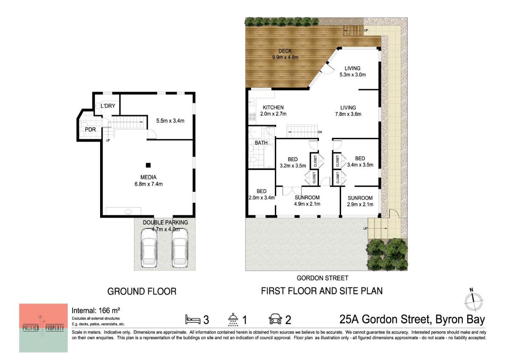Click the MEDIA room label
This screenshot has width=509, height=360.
point(148,177)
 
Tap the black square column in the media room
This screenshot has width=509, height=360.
point(148,165)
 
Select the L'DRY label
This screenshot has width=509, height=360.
point(108,106)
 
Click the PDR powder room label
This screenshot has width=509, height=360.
point(90,129)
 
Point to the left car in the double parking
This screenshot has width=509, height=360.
point(149,247)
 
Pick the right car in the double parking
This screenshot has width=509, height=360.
point(180,247)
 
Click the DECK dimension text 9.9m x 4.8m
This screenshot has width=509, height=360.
point(285,57)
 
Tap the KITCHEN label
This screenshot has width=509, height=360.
point(273,107)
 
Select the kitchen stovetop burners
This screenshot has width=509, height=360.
point(252,117)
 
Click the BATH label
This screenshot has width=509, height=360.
point(261,143)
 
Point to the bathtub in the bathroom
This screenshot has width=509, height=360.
point(269,157)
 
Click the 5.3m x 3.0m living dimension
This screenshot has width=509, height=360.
point(352,75)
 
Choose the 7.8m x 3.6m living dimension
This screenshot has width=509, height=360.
point(348,114)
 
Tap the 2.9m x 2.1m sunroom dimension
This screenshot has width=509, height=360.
point(360,205)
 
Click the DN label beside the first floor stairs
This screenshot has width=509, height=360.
point(320,132)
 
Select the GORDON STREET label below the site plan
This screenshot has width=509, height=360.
point(322,278)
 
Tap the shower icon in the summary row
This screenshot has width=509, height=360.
point(233,319)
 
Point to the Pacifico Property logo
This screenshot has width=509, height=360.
point(43,328)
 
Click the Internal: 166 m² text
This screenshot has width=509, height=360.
point(96,310)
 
